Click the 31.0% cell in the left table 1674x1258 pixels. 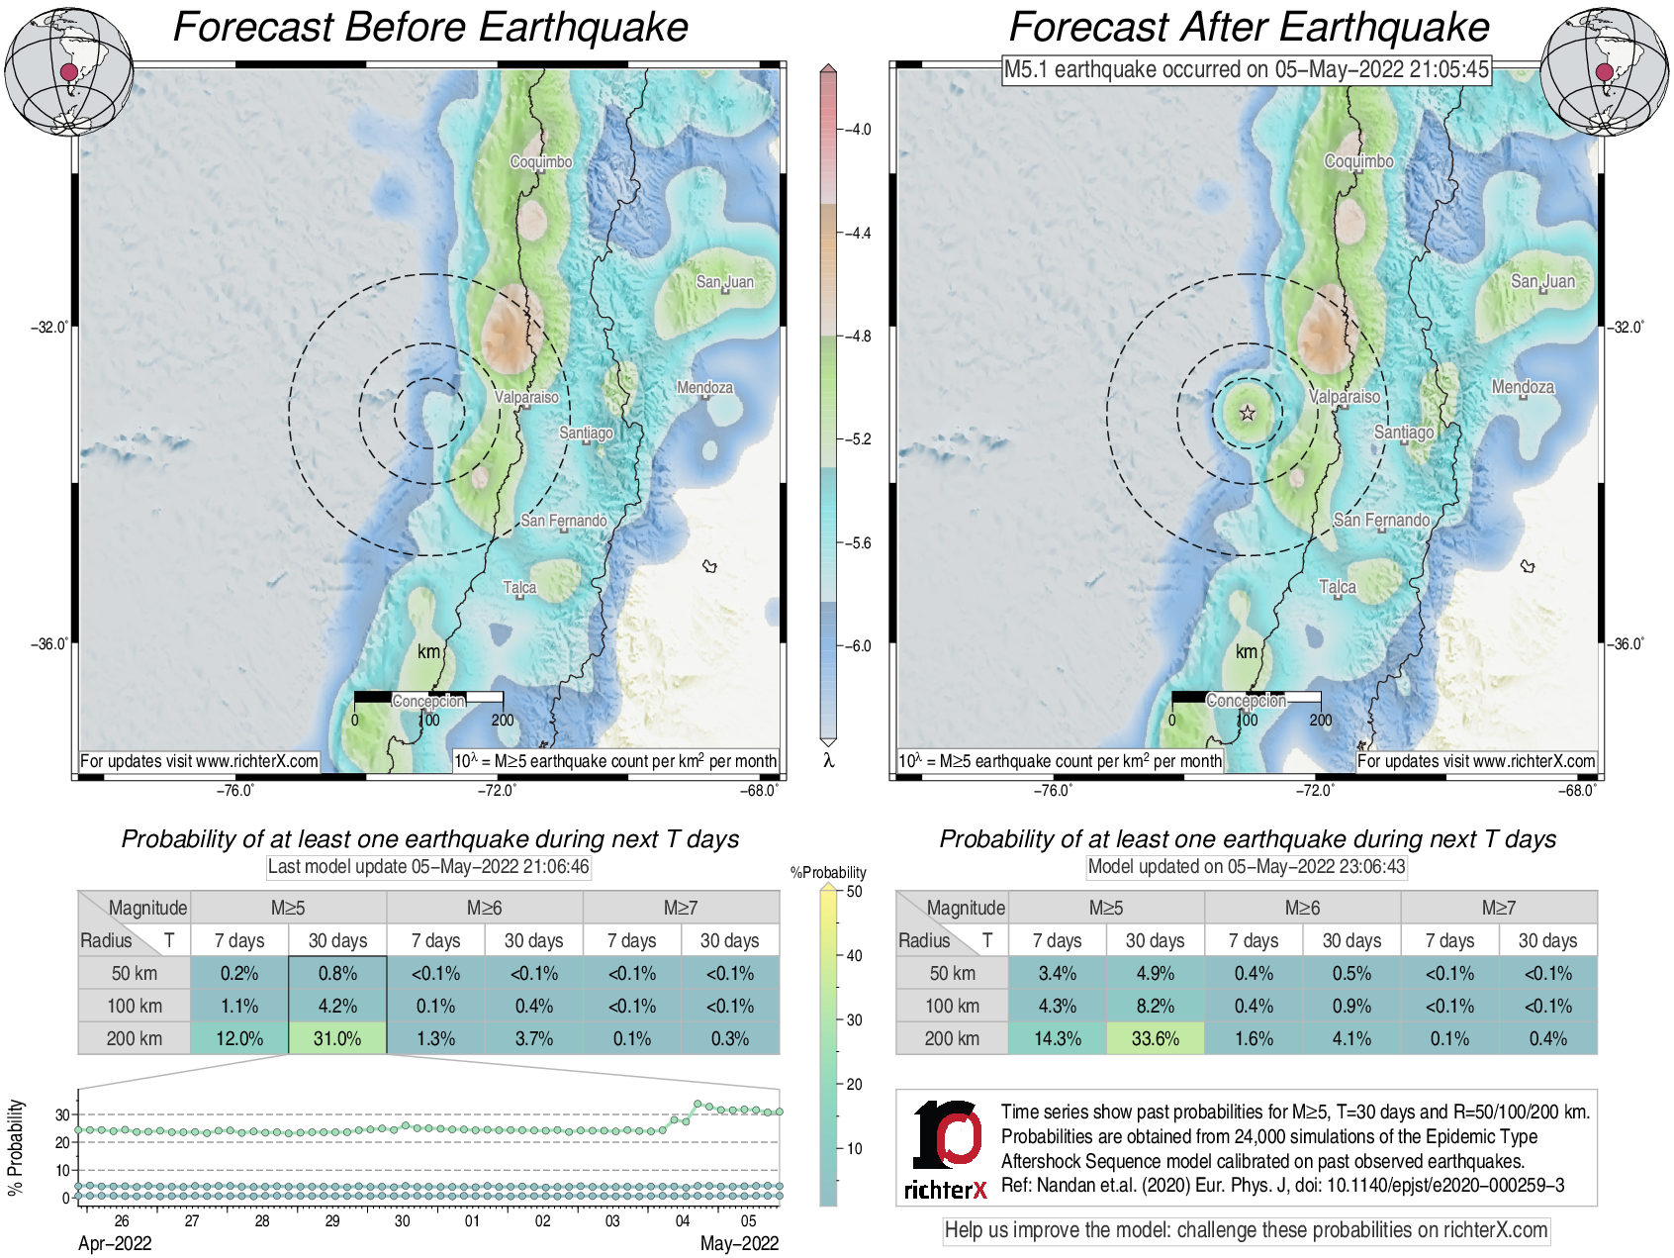tap(337, 1038)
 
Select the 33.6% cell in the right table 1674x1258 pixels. tap(1155, 1038)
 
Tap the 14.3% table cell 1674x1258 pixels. tap(1057, 1038)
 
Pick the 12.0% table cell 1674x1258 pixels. tap(239, 1038)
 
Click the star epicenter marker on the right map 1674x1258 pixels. tap(1248, 413)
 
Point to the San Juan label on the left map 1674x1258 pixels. tap(724, 282)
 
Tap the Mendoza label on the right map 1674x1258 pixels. tap(1523, 387)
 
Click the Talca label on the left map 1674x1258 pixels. tap(519, 587)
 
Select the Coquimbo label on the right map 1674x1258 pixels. tap(1358, 161)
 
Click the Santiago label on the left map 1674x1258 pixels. tap(586, 433)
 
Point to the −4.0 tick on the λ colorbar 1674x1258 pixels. tap(857, 130)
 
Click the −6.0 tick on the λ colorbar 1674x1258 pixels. tap(857, 646)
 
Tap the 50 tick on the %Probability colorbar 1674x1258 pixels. tap(854, 891)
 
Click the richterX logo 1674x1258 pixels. tap(946, 1149)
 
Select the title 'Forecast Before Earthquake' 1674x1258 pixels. tap(430, 27)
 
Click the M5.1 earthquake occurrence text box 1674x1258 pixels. tap(1246, 69)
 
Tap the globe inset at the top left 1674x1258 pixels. tap(68, 71)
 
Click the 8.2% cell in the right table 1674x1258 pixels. tap(1155, 1006)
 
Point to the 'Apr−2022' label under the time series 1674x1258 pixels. tap(115, 1243)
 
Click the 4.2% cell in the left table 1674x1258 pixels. tap(337, 1006)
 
